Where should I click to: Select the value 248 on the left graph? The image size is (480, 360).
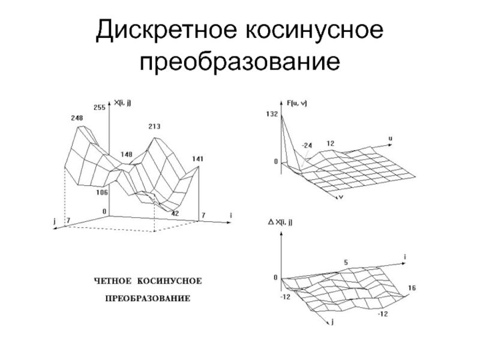coord(76,118)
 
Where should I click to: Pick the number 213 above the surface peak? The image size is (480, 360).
coord(154,127)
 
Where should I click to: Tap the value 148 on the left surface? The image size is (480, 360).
coord(126,154)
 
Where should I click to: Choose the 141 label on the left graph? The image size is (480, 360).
coord(198,159)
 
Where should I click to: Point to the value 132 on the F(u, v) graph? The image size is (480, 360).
coord(271,114)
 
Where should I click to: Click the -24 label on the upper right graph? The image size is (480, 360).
coord(308,145)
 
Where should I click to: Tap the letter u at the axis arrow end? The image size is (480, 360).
coord(391,138)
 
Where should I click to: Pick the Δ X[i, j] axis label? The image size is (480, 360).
coord(284,223)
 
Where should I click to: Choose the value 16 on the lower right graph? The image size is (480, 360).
coord(412,289)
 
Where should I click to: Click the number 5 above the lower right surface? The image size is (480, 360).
coord(346,262)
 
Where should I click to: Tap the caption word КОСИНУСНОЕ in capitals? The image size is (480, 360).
coord(170,281)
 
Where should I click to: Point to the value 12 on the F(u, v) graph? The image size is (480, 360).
coord(331,143)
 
